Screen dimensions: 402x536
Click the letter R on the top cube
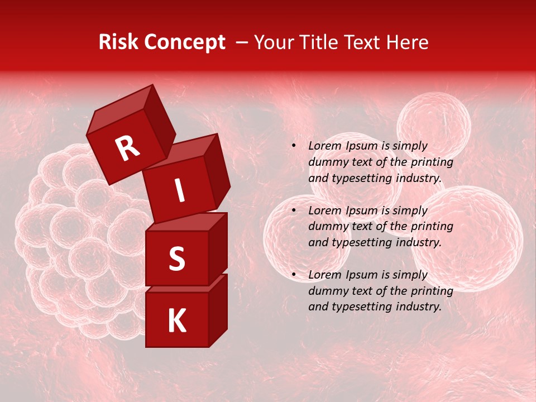pos(127,149)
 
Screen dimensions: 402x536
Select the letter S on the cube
pos(176,259)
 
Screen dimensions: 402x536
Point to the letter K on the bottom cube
pos(176,321)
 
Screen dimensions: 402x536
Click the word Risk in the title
pos(118,42)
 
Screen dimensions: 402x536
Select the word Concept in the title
pos(184,42)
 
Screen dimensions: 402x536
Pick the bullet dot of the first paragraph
pos(294,146)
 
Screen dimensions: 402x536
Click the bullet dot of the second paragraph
pos(294,210)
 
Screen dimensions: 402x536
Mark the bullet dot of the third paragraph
pos(294,275)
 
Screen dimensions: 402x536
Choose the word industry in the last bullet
pos(417,307)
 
